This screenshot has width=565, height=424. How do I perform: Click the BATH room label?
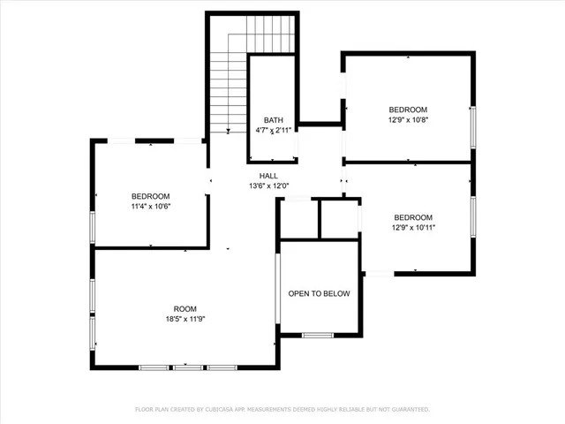tap(272, 120)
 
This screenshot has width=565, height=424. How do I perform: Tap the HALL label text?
tap(268, 176)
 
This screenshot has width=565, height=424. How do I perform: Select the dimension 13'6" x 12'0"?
tap(268, 185)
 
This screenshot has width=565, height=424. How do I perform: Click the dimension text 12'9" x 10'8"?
tap(407, 118)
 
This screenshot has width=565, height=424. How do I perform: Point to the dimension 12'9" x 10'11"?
tap(412, 227)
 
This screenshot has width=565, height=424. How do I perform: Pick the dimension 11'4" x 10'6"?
tap(150, 206)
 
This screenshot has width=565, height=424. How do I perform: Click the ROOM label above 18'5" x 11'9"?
tap(185, 309)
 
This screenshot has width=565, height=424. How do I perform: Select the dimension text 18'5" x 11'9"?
tap(185, 319)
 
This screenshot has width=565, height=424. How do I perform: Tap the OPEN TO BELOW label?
tap(319, 294)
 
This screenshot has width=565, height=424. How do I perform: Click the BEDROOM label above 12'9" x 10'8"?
tap(407, 109)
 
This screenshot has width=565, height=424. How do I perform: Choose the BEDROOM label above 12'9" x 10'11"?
tap(412, 217)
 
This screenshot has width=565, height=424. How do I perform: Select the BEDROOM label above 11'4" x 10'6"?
tap(150, 196)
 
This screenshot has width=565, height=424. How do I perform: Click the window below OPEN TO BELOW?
tap(317, 335)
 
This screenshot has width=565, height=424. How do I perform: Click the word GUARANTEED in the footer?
tap(407, 410)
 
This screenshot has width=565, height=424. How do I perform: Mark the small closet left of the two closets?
tap(298, 219)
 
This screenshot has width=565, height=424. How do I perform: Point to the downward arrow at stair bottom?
tap(228, 131)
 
